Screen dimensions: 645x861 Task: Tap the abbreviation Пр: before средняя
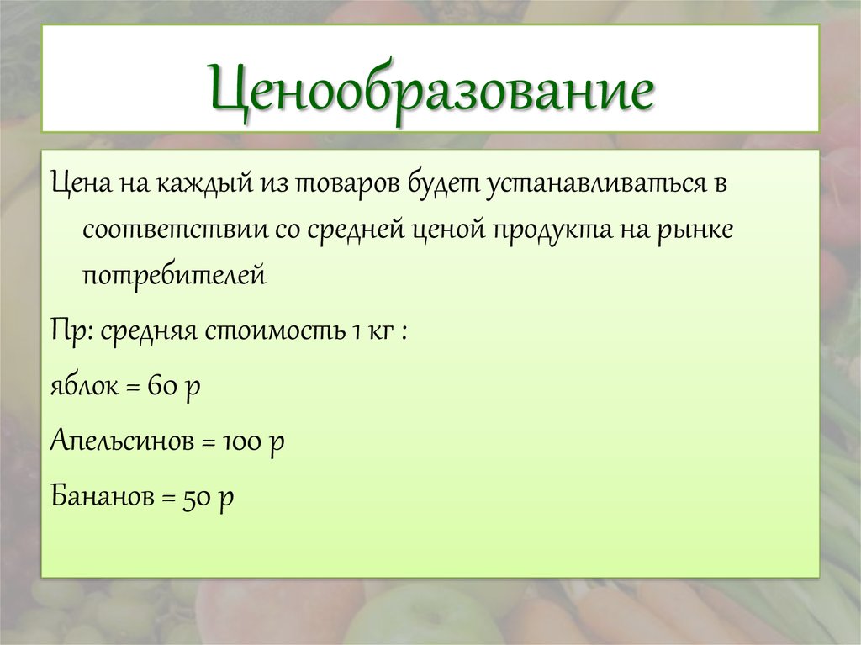(x=71, y=330)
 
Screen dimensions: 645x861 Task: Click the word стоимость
(x=274, y=330)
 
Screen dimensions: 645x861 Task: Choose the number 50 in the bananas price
(x=197, y=496)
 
